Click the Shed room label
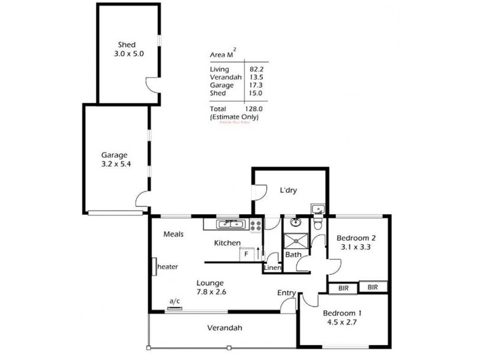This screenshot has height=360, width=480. (127, 44)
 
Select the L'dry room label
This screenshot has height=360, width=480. (289, 191)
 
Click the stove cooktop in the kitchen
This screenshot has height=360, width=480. (256, 226)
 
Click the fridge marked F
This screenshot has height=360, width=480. (246, 254)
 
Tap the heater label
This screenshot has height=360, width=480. (167, 266)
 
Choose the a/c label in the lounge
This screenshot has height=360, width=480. (175, 301)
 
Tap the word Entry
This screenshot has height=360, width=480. (286, 293)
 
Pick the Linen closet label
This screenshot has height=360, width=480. (272, 268)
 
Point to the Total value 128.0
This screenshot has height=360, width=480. (253, 109)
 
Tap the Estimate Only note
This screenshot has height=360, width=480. (234, 117)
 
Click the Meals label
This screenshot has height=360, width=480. (173, 234)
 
